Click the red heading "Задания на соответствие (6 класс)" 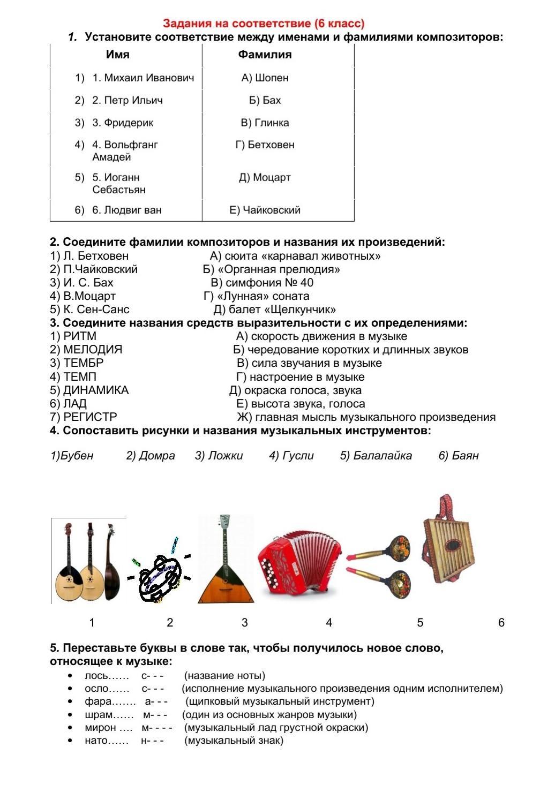264,24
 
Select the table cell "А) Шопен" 265,78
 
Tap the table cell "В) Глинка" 265,123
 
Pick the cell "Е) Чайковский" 265,210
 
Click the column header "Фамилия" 265,55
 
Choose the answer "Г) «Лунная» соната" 257,296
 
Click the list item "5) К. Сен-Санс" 89,310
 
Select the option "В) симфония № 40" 262,283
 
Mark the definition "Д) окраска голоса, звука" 296,390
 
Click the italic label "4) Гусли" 291,456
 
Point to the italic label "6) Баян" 459,456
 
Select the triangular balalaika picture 226,568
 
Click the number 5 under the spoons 421,623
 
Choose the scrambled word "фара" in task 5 98,702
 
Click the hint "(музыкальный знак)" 234,741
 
